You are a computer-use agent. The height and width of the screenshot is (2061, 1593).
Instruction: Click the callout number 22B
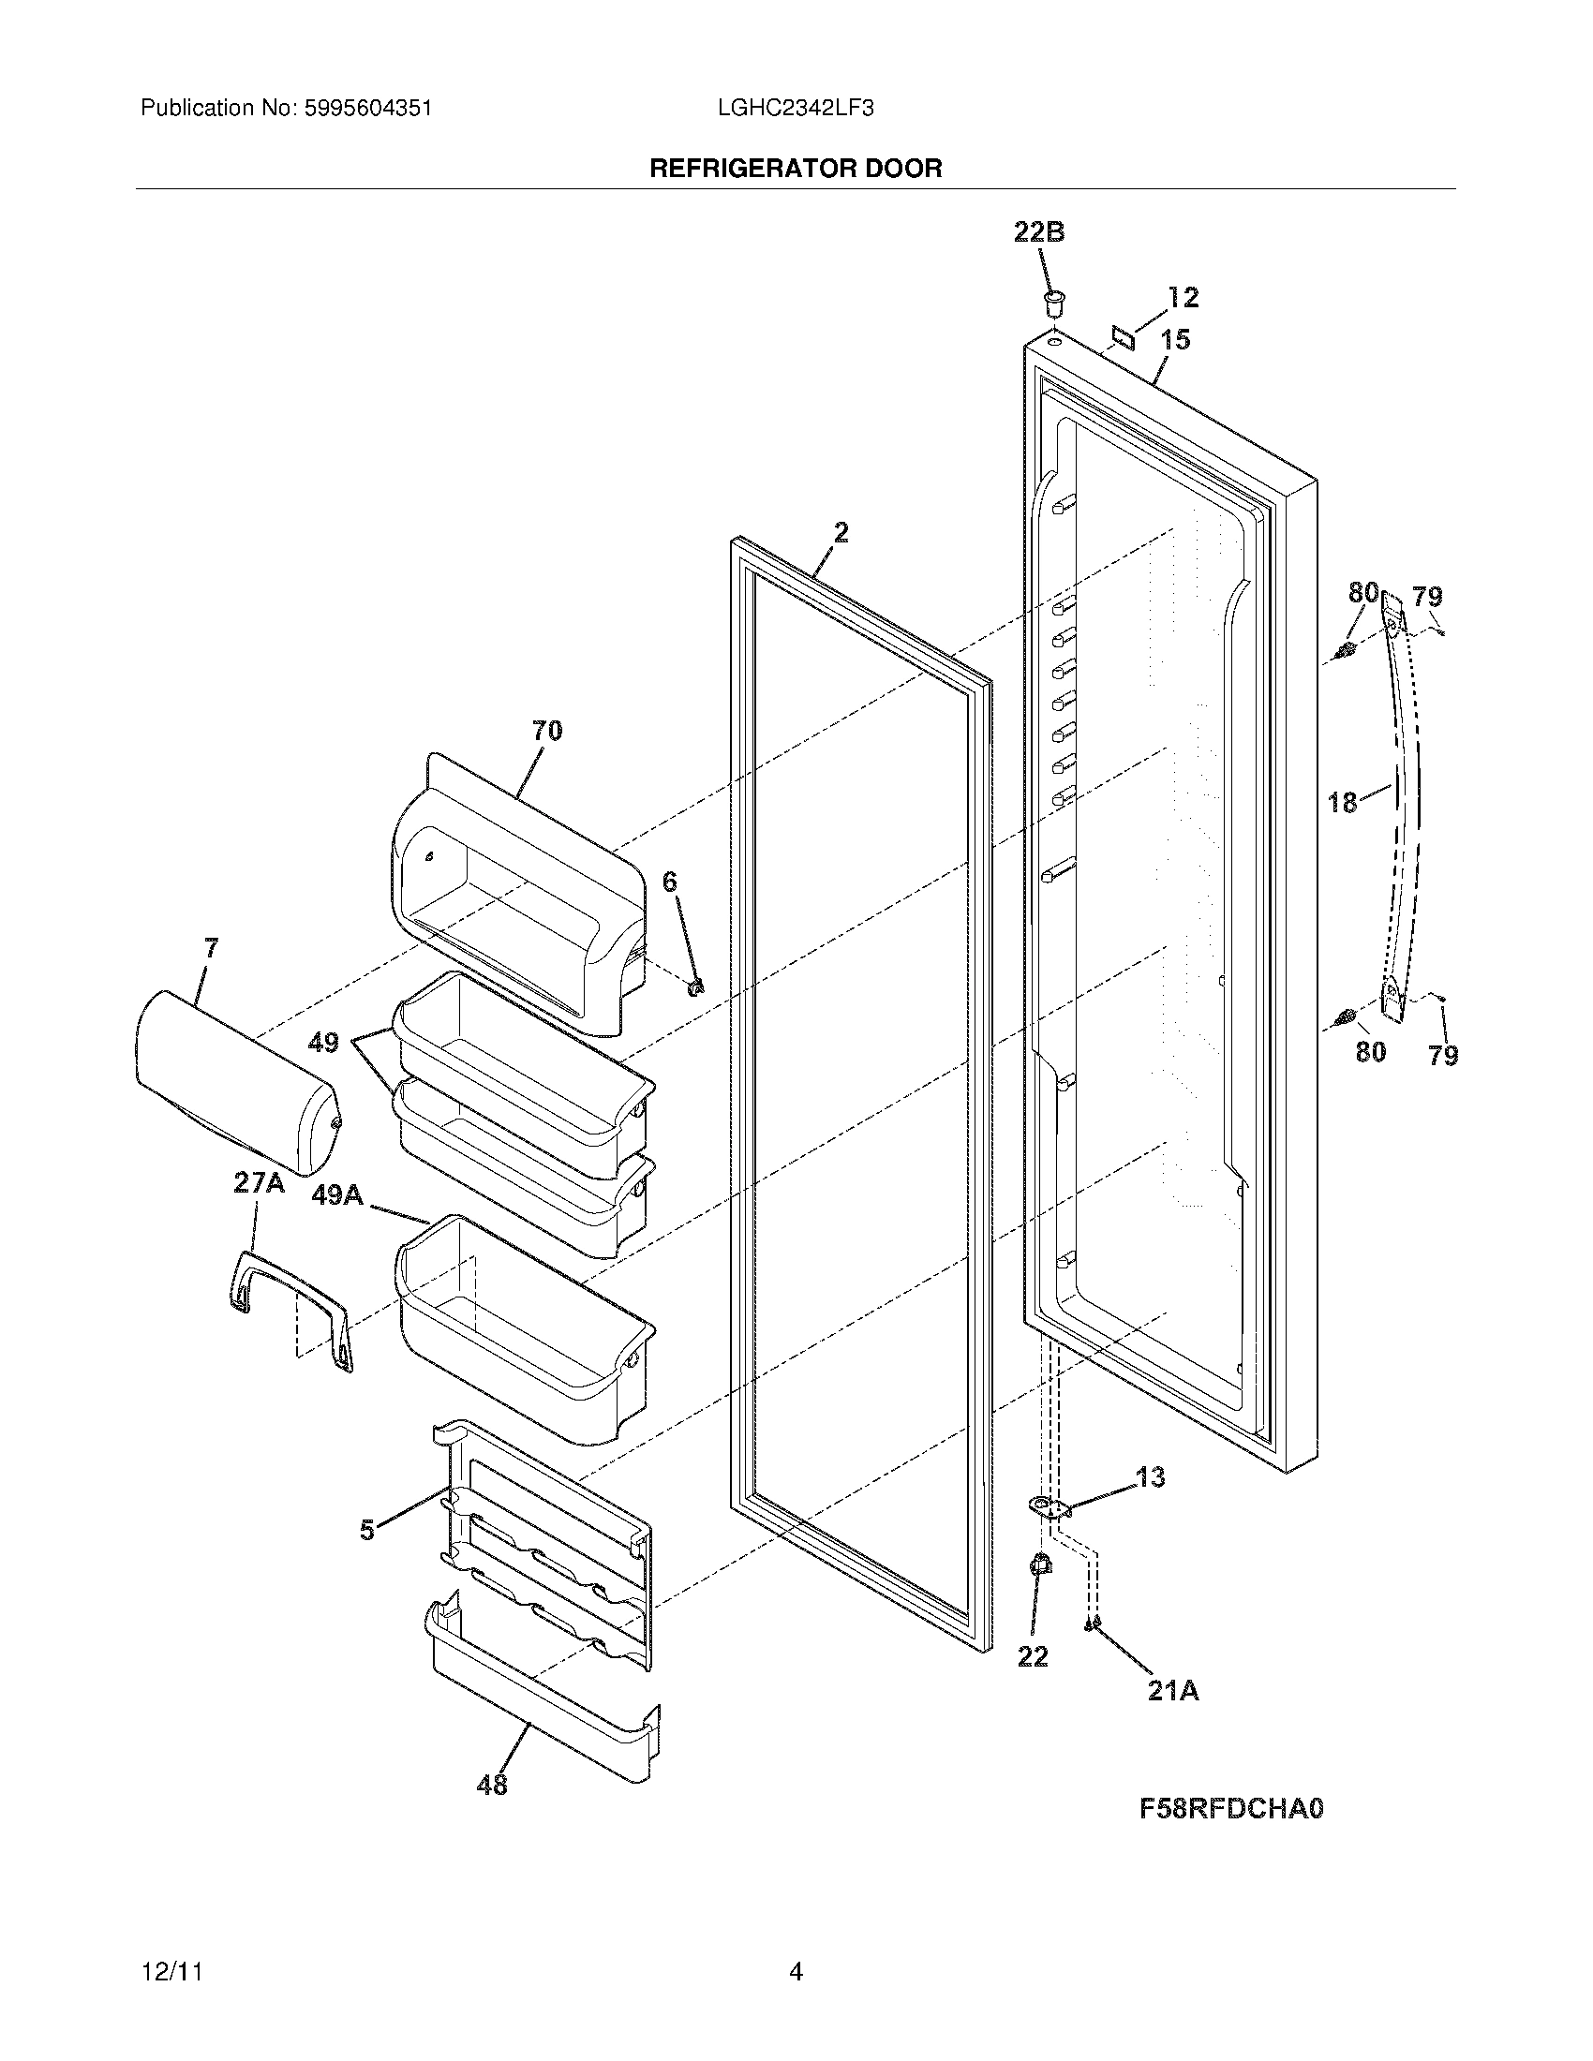coord(1039,232)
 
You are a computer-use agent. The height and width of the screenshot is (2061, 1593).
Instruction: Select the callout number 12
coord(1183,298)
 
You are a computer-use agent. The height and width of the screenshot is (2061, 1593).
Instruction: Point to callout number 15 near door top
coord(1175,340)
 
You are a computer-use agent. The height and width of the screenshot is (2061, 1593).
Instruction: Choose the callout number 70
coord(547,731)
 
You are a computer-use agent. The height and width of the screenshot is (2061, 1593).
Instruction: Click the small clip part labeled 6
coord(697,987)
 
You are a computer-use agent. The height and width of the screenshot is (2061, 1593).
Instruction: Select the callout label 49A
coord(337,1194)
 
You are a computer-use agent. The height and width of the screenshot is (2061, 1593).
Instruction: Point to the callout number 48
coord(493,1785)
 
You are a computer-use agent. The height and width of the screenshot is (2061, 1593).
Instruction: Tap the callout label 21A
coord(1173,1691)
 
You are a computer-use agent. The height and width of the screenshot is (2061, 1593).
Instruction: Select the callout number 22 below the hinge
coord(1033,1656)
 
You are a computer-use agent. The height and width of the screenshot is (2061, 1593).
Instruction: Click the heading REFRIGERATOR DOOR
coord(796,169)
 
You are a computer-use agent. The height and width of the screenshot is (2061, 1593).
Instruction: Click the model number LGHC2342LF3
coord(796,109)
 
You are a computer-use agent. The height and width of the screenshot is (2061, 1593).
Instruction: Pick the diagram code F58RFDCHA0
coord(1231,1809)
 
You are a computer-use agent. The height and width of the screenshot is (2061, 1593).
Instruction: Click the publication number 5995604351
coord(368,109)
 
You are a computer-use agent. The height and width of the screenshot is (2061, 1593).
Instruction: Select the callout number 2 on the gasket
coord(840,533)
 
